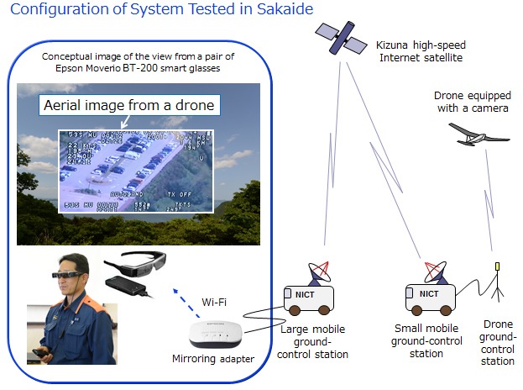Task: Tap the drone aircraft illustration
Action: pyautogui.click(x=476, y=134)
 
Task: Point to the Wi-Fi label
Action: pyautogui.click(x=214, y=301)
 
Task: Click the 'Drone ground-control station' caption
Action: pyautogui.click(x=498, y=342)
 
